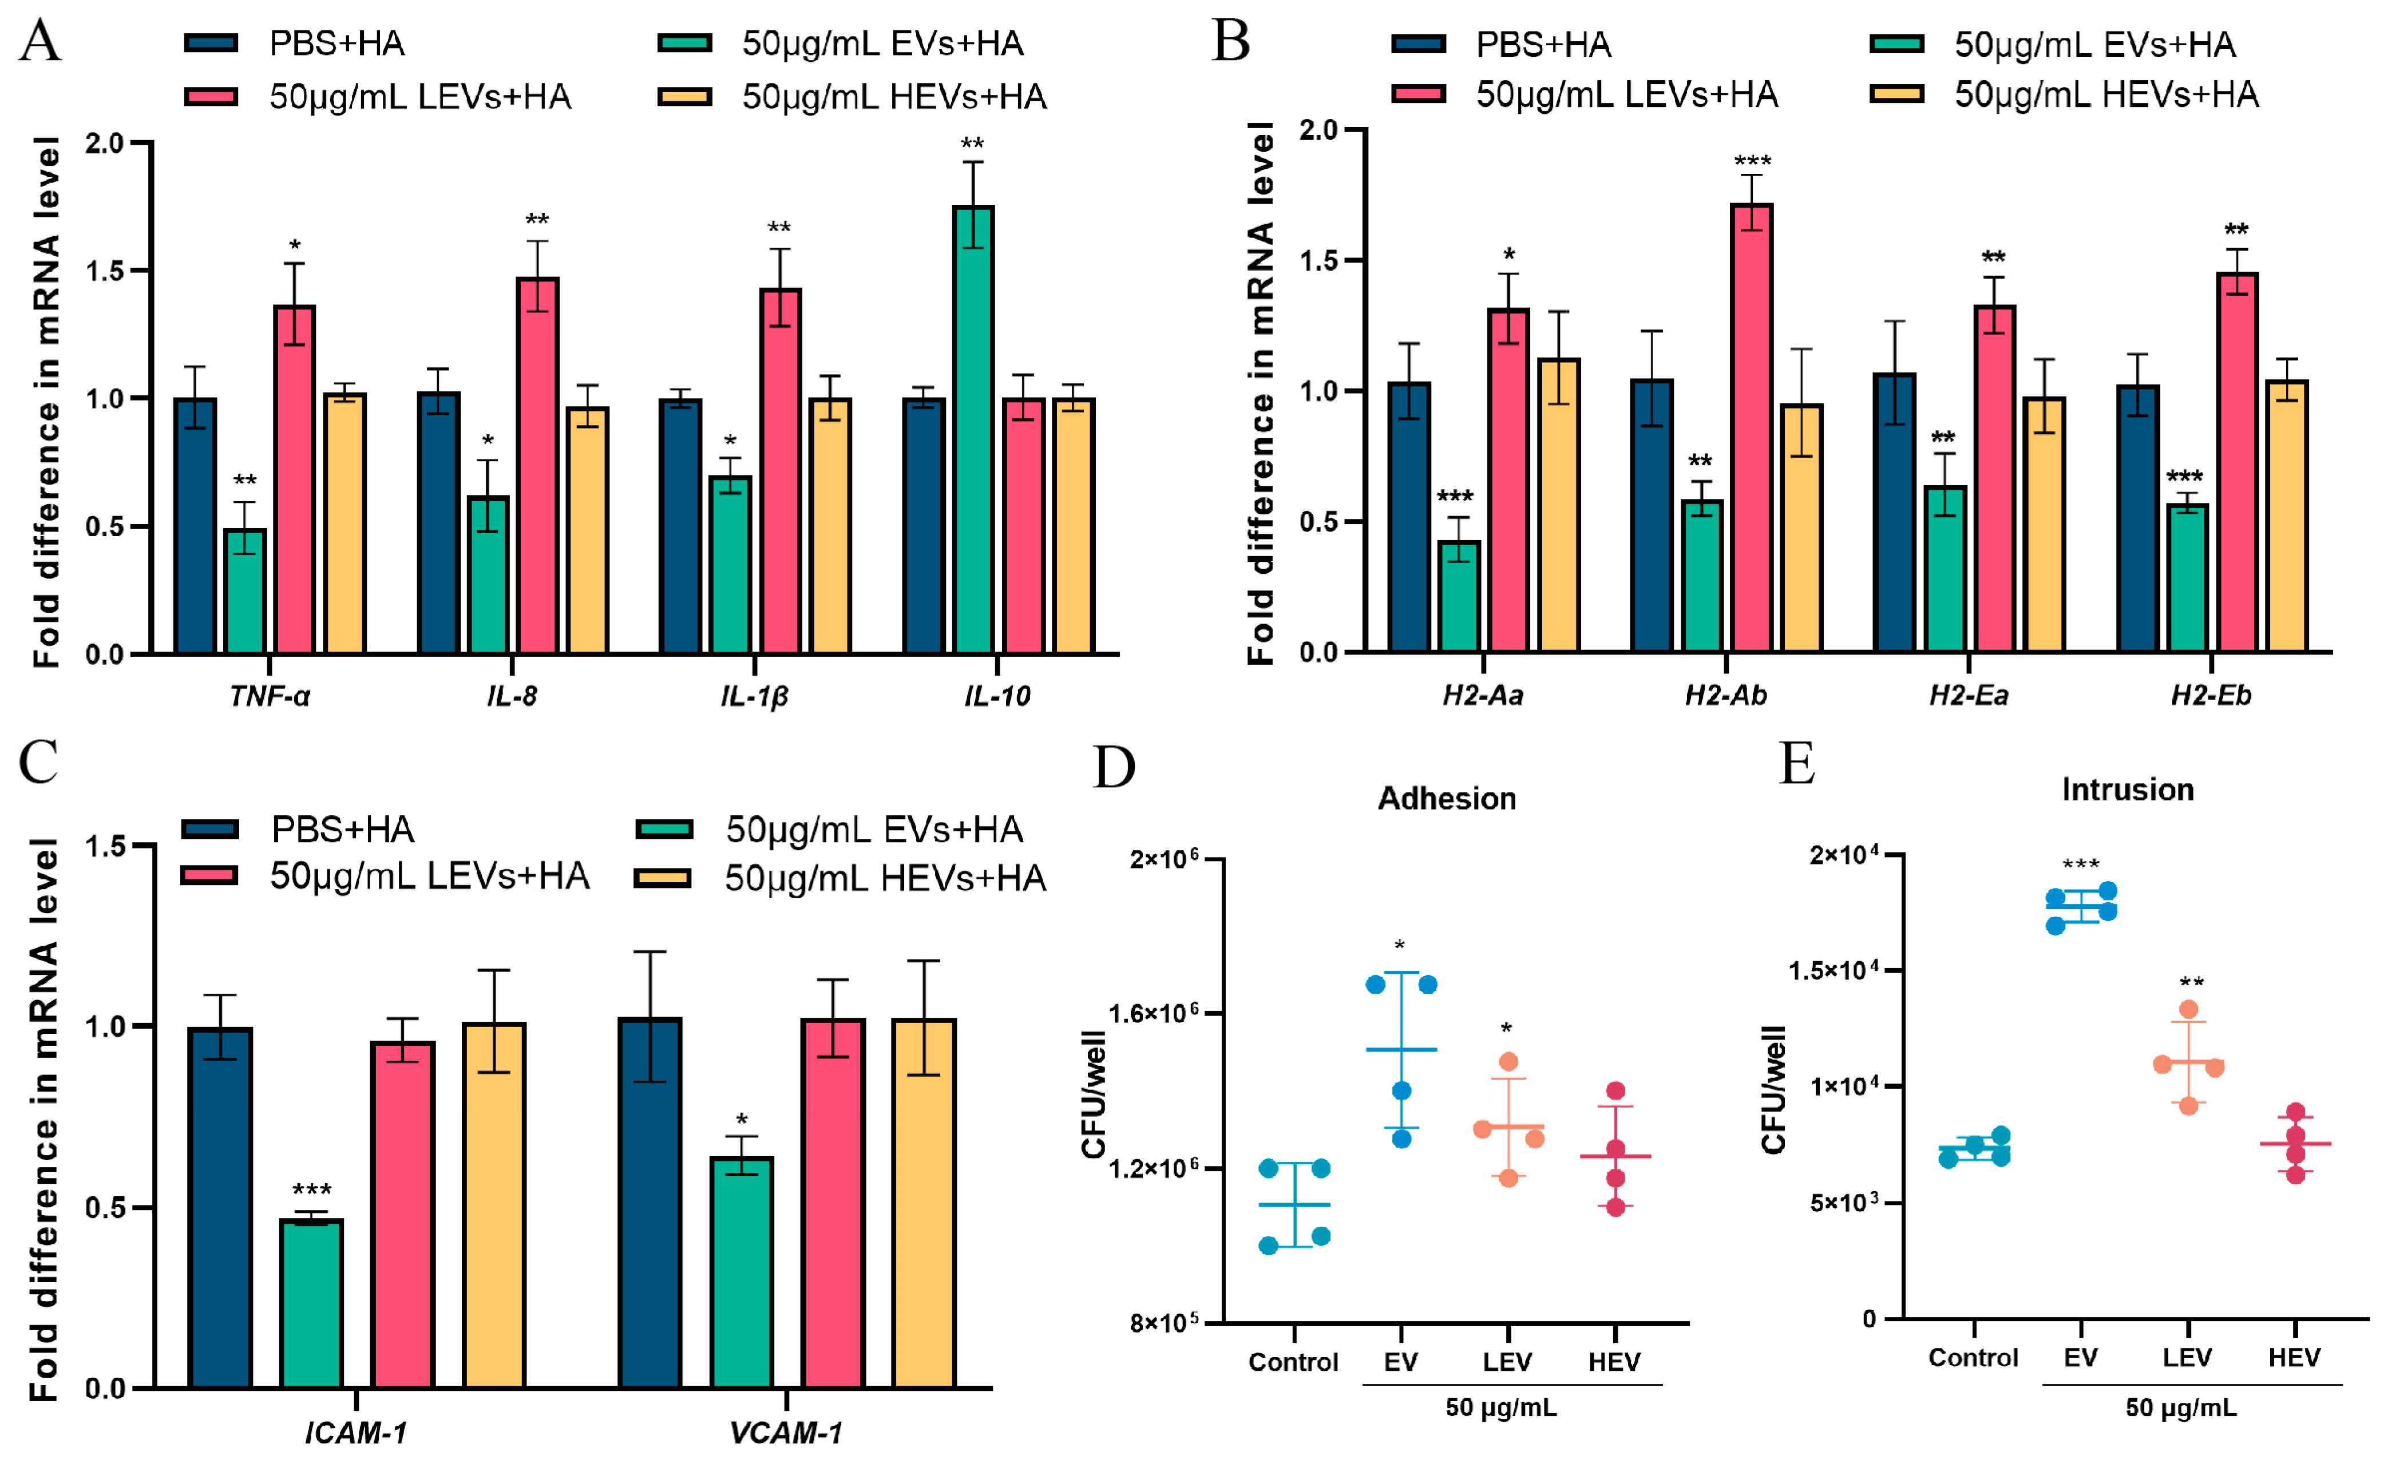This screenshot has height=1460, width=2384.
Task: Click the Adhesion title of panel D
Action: [1447, 798]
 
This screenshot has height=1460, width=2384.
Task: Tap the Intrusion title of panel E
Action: [2128, 789]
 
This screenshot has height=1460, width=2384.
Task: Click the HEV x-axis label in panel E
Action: [2294, 1358]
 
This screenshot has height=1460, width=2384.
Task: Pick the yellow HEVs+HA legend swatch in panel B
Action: [1896, 94]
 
